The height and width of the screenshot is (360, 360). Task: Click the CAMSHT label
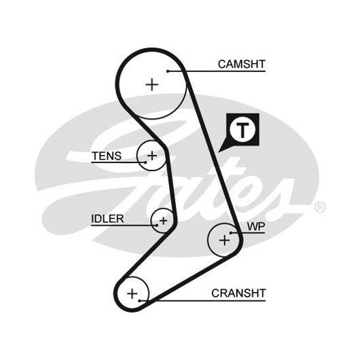coord(242,64)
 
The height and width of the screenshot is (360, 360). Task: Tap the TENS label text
coord(107,156)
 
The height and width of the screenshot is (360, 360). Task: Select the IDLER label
coord(107,219)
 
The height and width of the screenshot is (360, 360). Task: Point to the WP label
coord(256,227)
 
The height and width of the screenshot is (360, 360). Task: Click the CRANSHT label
coord(238,293)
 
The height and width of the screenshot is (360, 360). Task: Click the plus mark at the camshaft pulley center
coord(152,84)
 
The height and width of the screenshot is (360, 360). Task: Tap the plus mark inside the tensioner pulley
coord(152,156)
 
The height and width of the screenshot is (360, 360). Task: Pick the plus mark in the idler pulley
coord(164,221)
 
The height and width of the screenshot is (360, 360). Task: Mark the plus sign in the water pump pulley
coord(224,240)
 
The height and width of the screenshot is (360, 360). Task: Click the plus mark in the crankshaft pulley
coord(132,293)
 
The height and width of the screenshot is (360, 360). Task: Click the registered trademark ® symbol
coord(320,207)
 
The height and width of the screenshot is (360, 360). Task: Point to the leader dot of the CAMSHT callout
coord(168,71)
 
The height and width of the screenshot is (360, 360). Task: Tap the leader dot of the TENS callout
coord(145,162)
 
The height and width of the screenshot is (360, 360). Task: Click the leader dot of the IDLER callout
coord(157,226)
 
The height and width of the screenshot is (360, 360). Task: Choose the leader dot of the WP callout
coord(231,233)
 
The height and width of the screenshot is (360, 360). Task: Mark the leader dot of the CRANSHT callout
coord(139,300)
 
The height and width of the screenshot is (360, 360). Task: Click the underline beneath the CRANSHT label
coord(202,300)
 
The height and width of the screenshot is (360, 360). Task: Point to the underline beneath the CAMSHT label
coord(217,71)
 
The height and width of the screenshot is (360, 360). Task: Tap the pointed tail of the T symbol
coord(219,151)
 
